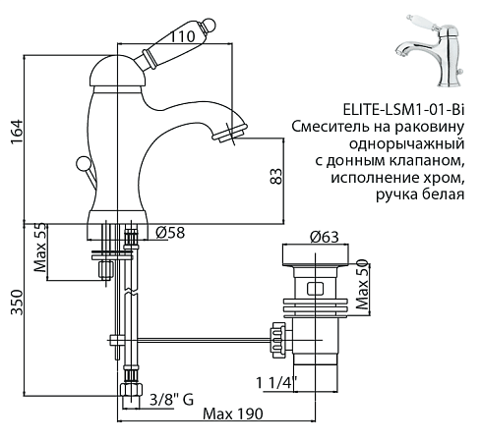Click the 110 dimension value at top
pyautogui.click(x=180, y=35)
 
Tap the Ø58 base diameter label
pyautogui.click(x=173, y=233)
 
